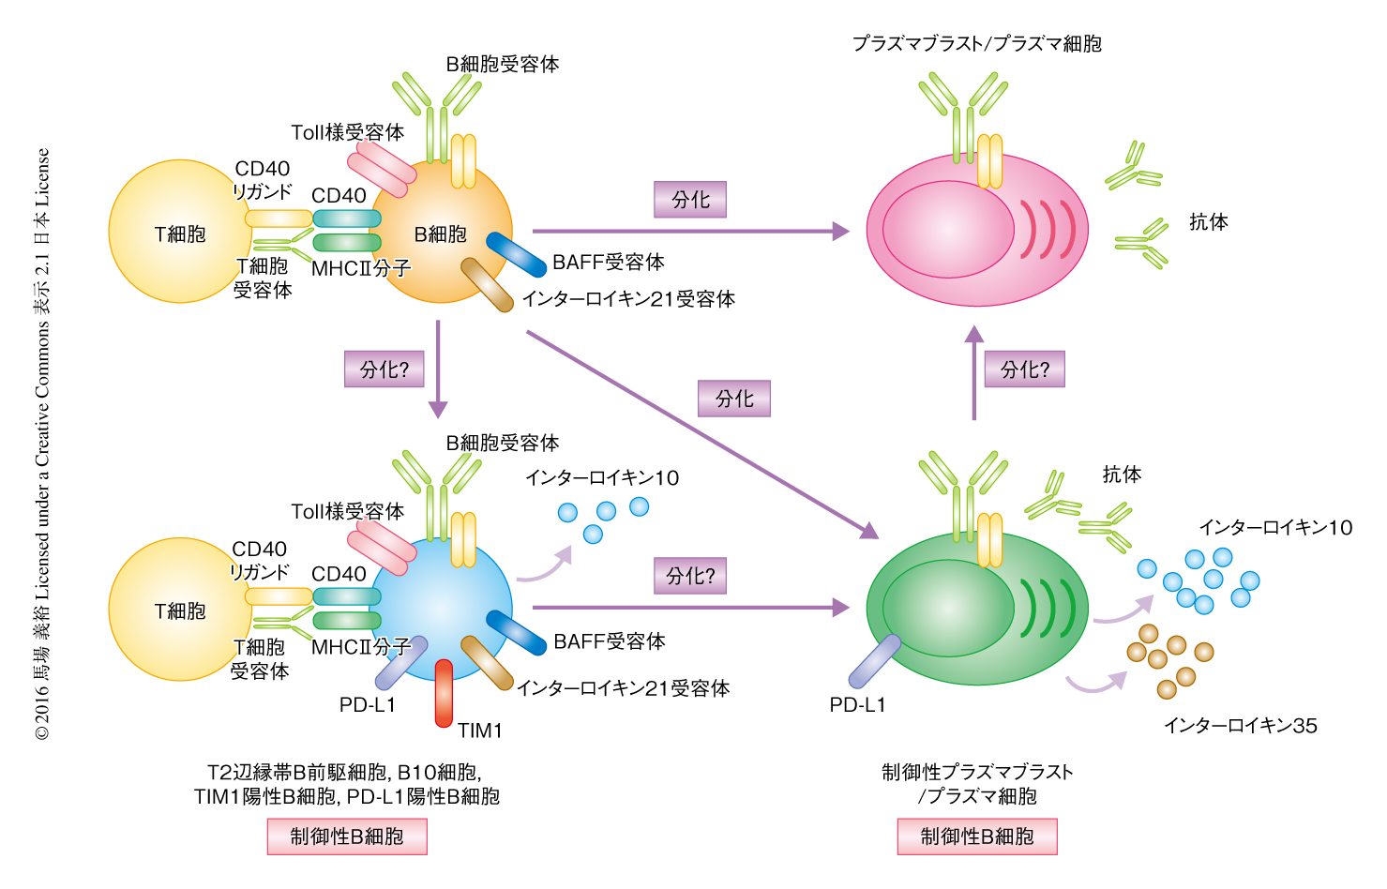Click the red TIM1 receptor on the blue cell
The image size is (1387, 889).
[444, 694]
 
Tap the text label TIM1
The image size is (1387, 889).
[480, 731]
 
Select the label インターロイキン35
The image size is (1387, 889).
[1240, 725]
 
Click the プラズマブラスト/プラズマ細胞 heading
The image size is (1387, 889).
[976, 43]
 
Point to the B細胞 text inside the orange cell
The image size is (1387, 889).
[441, 234]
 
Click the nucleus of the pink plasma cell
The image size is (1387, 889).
[948, 229]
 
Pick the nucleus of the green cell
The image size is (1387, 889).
[948, 608]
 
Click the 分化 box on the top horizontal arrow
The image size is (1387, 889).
[690, 200]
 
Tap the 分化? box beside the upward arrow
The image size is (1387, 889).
[1024, 369]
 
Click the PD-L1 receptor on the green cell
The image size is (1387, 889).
[874, 661]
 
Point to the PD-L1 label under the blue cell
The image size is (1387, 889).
[368, 704]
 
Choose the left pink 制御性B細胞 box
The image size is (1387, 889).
[347, 836]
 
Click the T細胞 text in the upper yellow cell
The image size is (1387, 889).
[180, 234]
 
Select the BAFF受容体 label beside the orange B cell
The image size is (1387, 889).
[609, 262]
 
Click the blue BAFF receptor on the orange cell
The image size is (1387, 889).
[516, 254]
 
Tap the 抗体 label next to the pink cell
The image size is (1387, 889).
[1208, 222]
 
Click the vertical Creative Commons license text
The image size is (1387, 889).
[43, 444]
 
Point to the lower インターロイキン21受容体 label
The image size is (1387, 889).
[623, 688]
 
